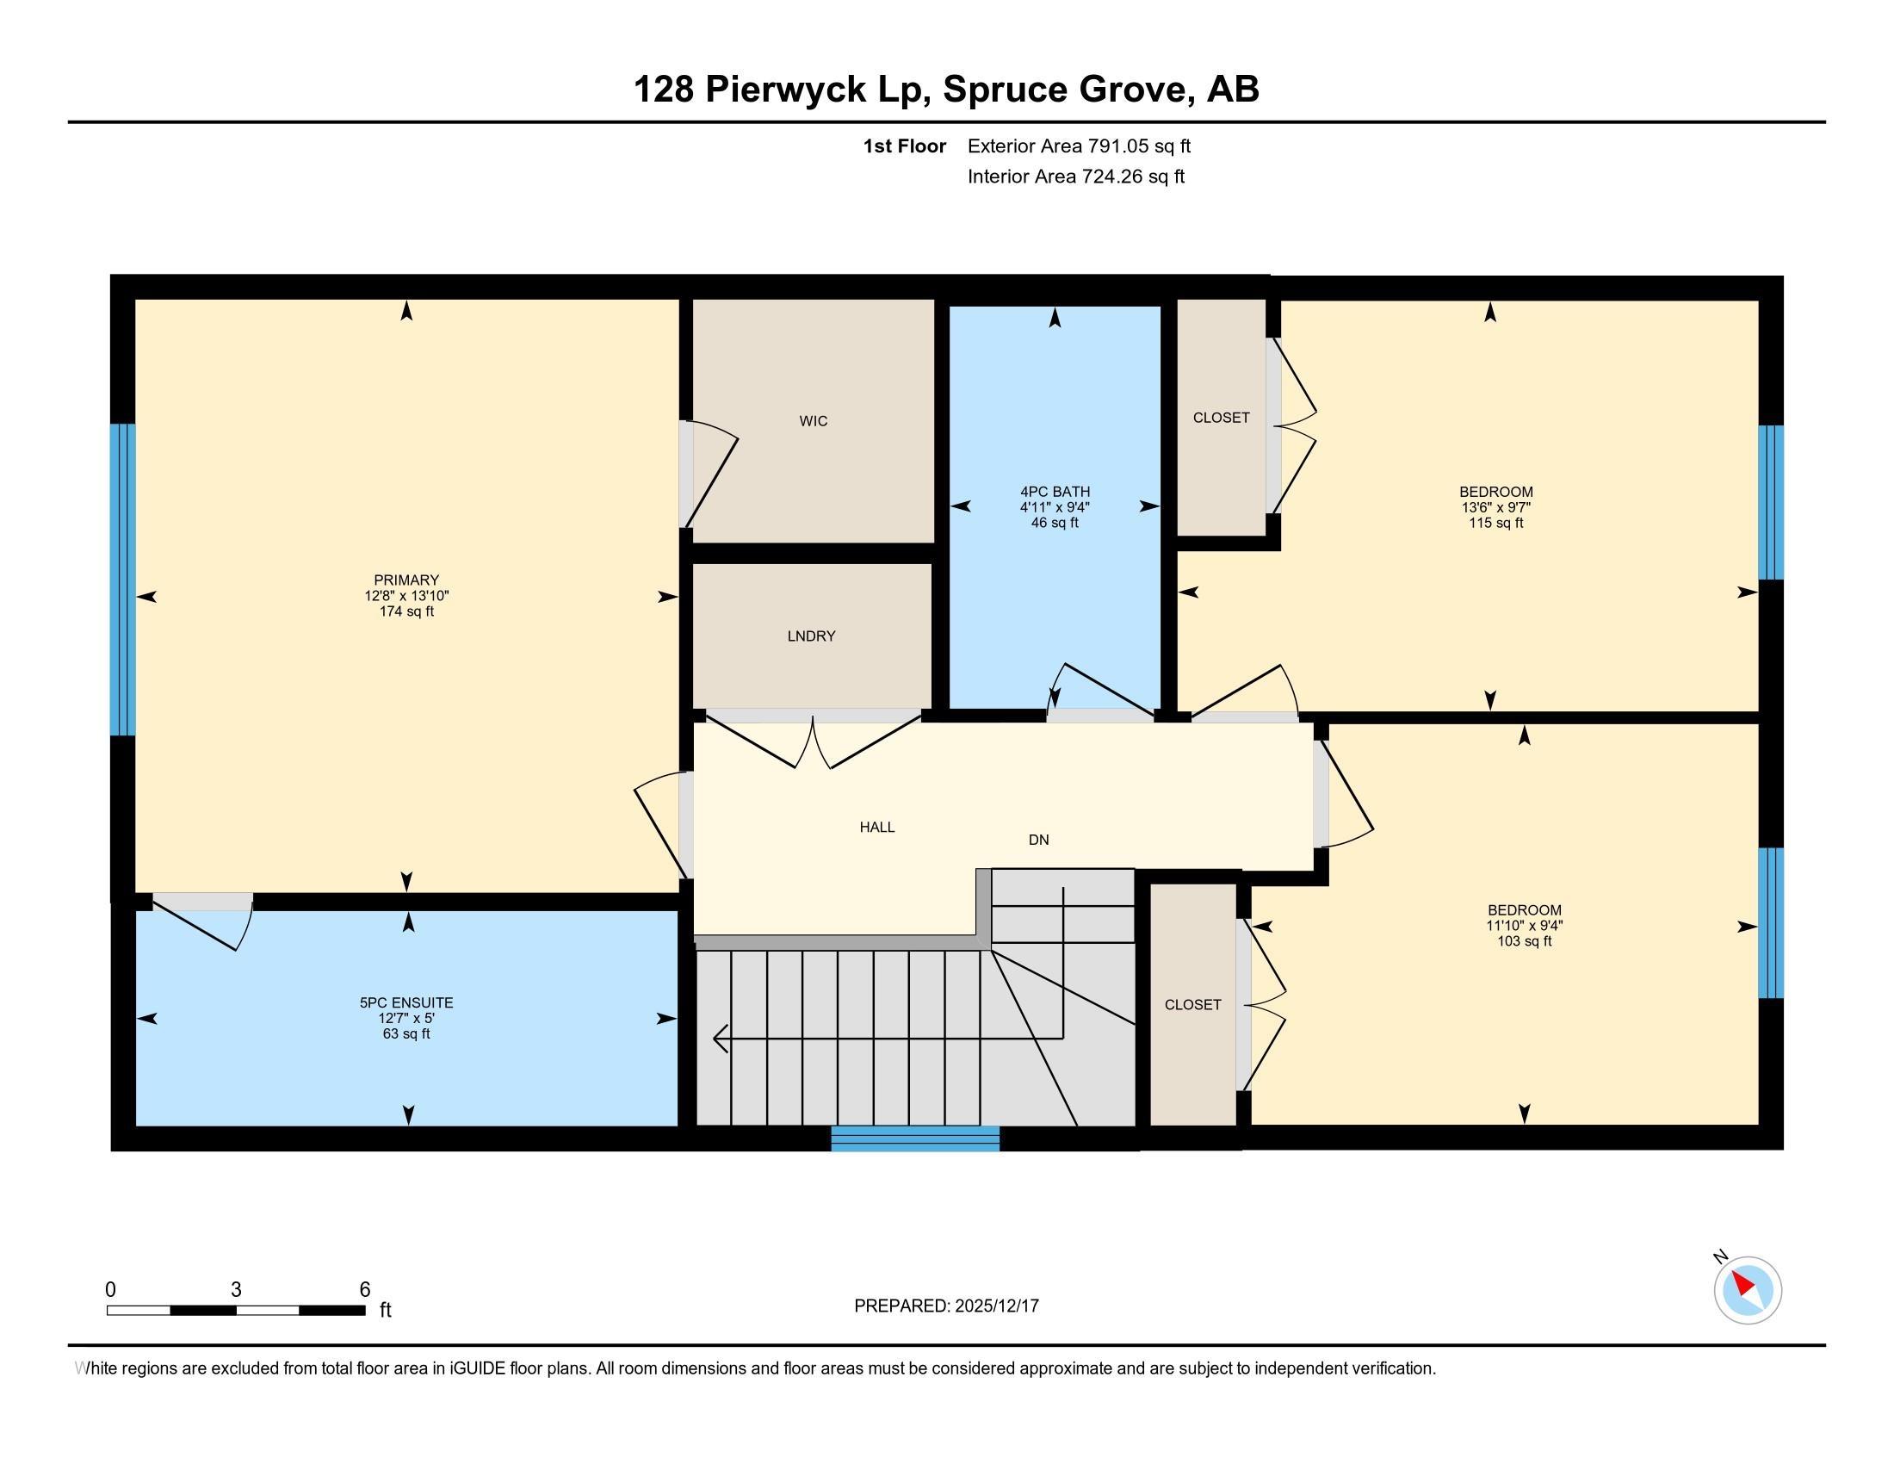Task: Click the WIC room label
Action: pos(813,420)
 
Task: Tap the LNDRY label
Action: pos(811,636)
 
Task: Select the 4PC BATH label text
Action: pos(1055,492)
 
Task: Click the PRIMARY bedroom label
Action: pos(405,580)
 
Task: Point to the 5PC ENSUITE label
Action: pos(405,1002)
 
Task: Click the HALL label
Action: pos(876,828)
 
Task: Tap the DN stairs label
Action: pos(1038,840)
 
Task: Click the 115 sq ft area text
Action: pos(1495,523)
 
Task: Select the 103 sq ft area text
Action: pos(1524,941)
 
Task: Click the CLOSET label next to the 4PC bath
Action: pos(1221,417)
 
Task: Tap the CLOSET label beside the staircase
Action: pos(1192,1004)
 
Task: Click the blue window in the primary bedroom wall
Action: pos(123,580)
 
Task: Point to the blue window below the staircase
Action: pos(915,1138)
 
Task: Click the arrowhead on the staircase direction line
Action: pos(719,1038)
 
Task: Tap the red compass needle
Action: pos(1742,1285)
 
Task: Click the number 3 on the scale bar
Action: pos(236,1290)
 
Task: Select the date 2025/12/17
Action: pos(995,1306)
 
